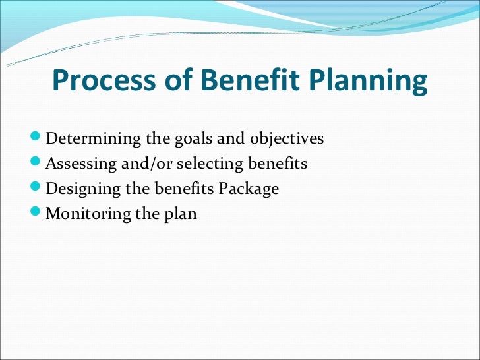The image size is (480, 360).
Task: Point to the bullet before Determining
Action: (38, 138)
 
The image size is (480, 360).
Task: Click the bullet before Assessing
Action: (38, 164)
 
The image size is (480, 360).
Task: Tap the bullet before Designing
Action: (38, 189)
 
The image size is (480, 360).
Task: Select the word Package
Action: (249, 189)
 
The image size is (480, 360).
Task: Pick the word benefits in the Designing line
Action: (185, 189)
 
